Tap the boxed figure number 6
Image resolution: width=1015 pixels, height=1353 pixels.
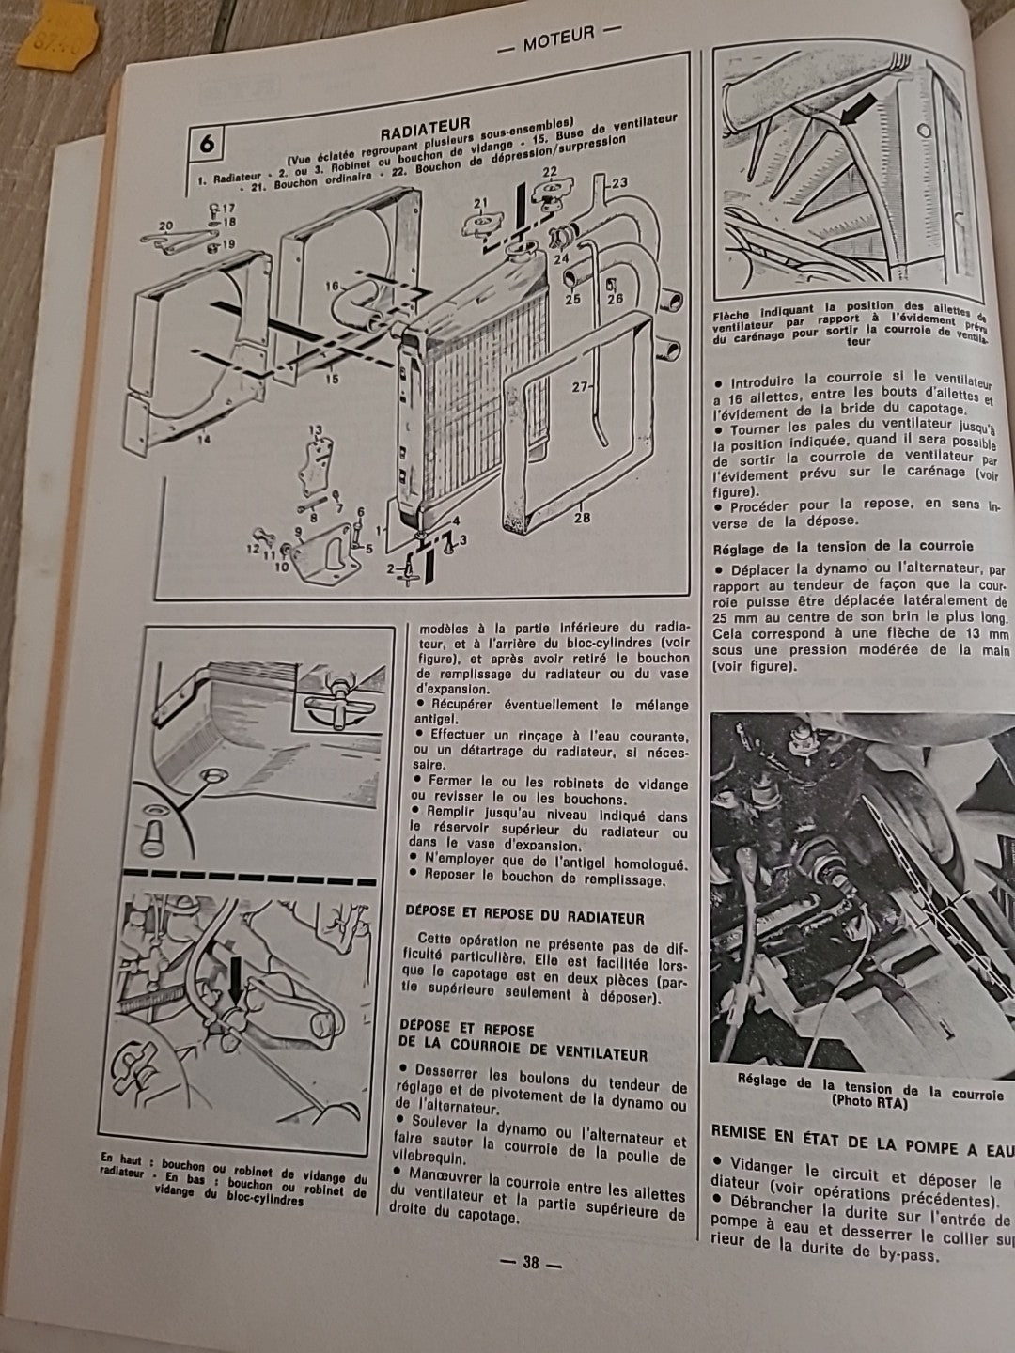coord(207,147)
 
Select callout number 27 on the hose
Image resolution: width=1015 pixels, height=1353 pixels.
coord(578,386)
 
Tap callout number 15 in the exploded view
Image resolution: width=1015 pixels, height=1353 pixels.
coord(331,379)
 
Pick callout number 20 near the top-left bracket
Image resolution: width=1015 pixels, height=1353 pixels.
coord(165,225)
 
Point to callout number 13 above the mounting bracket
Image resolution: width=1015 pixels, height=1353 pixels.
coord(315,429)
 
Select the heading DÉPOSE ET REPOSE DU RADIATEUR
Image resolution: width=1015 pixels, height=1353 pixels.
coord(523,915)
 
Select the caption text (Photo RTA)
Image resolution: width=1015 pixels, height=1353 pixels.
coord(869,1105)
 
